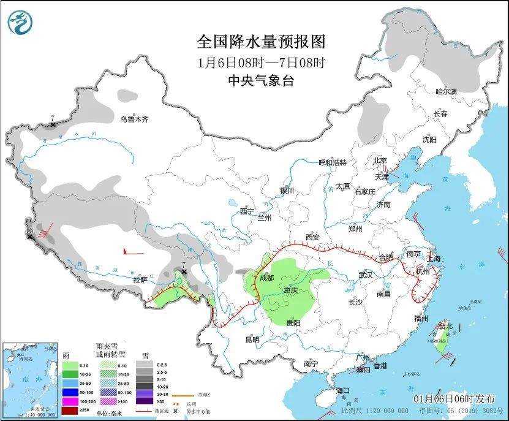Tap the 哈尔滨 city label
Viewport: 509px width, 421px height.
click(446, 91)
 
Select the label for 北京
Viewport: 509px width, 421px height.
click(381, 161)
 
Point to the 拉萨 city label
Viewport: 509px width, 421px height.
click(140, 280)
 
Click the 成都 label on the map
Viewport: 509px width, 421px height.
click(267, 277)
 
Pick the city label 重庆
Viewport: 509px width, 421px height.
click(292, 289)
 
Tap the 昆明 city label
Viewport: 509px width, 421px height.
click(252, 339)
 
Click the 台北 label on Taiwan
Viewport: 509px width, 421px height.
click(445, 327)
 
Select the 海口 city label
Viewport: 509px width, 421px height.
click(342, 390)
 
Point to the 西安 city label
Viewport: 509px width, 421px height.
click(312, 237)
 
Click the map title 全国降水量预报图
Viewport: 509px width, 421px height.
click(260, 42)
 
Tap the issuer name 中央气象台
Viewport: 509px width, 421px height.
click(260, 80)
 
